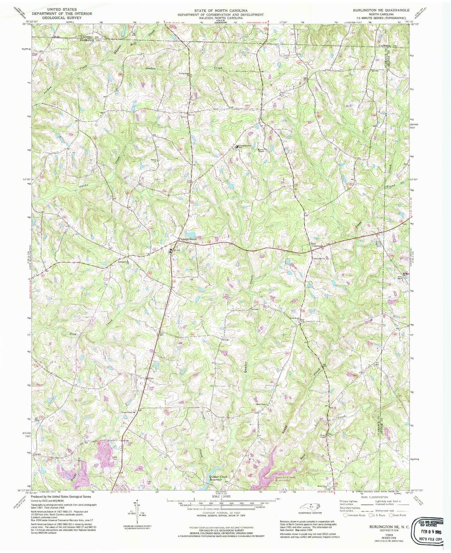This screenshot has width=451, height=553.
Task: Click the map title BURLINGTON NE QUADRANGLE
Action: pos(381,10)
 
